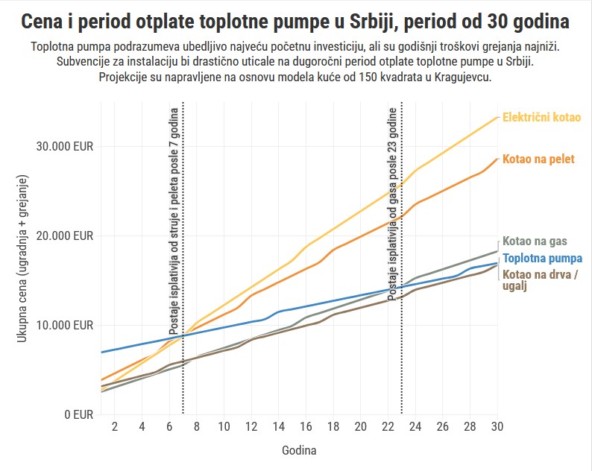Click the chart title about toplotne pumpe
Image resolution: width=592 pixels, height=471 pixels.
click(x=296, y=21)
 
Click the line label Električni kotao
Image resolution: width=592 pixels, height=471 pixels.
click(x=541, y=118)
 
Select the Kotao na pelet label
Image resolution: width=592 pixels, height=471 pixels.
click(x=538, y=159)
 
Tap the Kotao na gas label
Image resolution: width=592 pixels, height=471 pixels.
click(x=535, y=241)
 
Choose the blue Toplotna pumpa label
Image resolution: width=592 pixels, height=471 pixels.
click(x=542, y=259)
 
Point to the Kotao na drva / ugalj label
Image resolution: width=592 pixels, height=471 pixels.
click(x=539, y=280)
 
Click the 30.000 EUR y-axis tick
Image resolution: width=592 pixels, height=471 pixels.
click(x=65, y=146)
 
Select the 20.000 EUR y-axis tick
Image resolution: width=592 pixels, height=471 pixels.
click(x=65, y=235)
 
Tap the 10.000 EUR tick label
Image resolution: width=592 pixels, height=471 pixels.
click(x=65, y=325)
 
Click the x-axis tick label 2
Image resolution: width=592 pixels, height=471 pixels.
click(x=115, y=426)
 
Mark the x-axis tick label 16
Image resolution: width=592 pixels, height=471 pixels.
click(x=306, y=426)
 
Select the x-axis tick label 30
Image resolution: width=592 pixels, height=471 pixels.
click(x=497, y=426)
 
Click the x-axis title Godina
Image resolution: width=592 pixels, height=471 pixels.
click(x=298, y=451)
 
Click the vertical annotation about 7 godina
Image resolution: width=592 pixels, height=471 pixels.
click(x=174, y=224)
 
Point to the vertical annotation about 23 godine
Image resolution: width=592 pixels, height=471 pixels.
click(x=393, y=203)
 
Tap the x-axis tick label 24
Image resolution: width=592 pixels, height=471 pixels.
click(x=415, y=426)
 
